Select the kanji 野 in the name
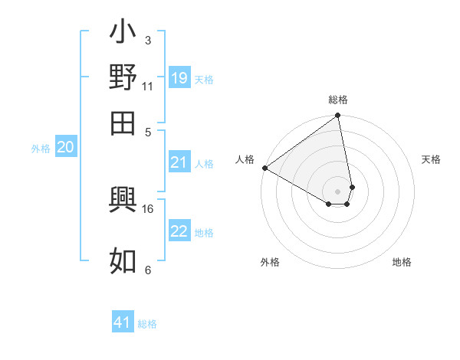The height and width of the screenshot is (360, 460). tap(123, 77)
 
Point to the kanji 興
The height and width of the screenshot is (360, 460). tap(123, 201)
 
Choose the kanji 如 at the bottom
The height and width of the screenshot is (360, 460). tap(123, 259)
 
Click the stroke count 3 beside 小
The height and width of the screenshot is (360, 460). tap(147, 41)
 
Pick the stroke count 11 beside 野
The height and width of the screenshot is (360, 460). tap(147, 86)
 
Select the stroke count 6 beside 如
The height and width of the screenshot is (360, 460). tap(147, 270)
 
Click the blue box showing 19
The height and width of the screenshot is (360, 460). tap(179, 78)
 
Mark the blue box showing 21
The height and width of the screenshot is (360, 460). tap(179, 162)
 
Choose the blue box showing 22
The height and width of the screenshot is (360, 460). tap(179, 232)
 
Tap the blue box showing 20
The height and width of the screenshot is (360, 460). tap(65, 148)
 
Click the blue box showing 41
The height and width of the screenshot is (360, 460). tap(123, 322)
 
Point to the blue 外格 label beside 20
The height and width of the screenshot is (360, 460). tap(41, 149)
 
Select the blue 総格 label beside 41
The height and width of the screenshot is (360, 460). tap(147, 324)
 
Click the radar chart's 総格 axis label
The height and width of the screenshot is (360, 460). tap(338, 100)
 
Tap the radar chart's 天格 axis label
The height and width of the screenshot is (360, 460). tap(431, 159)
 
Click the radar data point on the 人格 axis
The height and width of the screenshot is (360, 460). tap(264, 168)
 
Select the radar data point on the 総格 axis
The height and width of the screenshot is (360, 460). tap(338, 116)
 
